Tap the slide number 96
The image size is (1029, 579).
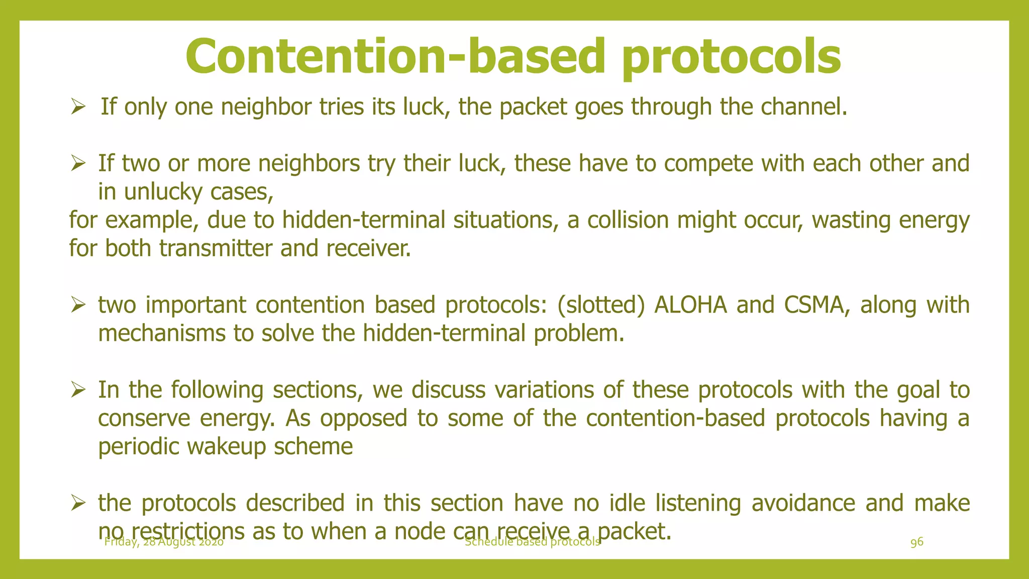[x=916, y=542]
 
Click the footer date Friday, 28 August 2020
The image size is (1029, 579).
[x=164, y=542]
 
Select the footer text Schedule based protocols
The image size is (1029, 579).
[x=532, y=541]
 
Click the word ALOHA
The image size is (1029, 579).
[x=690, y=305]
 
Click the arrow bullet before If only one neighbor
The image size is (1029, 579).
[x=79, y=107]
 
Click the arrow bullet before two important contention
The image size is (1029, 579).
[x=79, y=305]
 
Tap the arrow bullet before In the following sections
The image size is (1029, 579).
[x=79, y=390]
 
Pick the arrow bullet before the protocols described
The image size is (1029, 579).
[x=79, y=503]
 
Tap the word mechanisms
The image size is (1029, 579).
[x=161, y=333]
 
